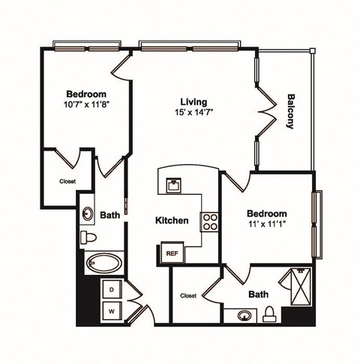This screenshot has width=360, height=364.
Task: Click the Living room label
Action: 193,101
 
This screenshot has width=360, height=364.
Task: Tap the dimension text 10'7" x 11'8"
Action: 84,105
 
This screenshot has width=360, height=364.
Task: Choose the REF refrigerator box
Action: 170,253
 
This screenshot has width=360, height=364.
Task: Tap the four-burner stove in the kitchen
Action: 209,222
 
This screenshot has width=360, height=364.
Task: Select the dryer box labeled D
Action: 112,288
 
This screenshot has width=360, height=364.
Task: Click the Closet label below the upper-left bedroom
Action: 67,181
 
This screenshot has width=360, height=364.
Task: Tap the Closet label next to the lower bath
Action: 188,296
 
